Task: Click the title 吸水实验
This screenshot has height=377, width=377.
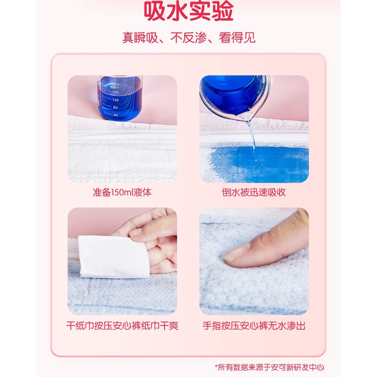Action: pos(188,12)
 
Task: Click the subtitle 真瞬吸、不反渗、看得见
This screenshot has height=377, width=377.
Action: pos(188,38)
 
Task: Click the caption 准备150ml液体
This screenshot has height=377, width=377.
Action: pos(122,193)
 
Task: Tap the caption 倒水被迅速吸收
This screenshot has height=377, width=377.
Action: pos(254,193)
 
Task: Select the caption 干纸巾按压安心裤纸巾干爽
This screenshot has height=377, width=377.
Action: pos(122,326)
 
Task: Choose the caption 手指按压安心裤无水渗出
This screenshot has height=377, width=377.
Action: pos(254,326)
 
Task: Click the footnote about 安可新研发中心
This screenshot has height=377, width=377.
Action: pos(269,367)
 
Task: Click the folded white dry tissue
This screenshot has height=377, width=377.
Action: pos(114,257)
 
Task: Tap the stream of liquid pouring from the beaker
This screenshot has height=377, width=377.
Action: pos(253,140)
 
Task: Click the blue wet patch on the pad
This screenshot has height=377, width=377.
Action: pos(258,164)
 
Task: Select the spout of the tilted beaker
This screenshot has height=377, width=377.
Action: pos(248,117)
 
